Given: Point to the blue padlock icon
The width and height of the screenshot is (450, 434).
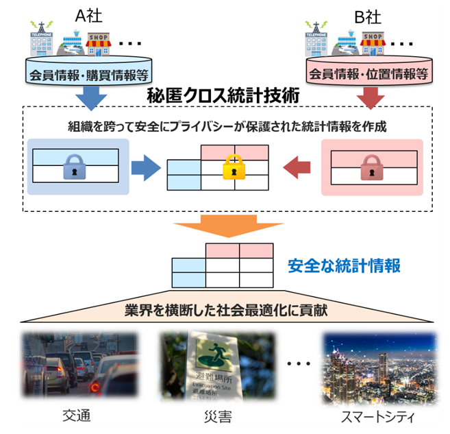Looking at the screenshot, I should click(x=74, y=166).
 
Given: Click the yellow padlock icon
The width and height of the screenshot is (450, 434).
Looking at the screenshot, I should click(x=234, y=167).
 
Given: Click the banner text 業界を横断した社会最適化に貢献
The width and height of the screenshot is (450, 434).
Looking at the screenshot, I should click(x=223, y=310).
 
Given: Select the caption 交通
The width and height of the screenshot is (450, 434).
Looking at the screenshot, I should click(x=76, y=416).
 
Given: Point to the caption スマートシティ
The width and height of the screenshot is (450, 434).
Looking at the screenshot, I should click(x=376, y=416).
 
